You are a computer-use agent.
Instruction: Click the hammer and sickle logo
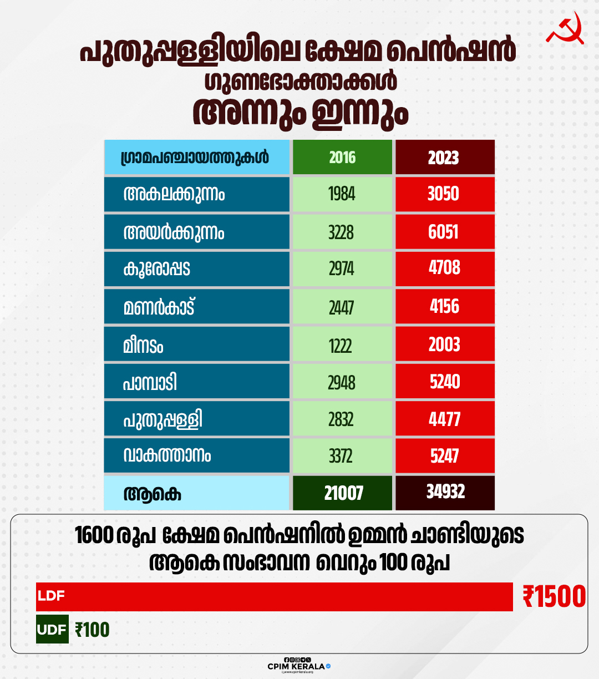(565, 28)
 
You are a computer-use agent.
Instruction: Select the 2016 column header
(342, 158)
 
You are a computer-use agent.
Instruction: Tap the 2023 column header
(444, 158)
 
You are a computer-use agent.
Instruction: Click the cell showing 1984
(342, 194)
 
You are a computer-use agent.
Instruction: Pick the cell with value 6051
(444, 232)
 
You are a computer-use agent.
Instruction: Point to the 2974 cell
(342, 269)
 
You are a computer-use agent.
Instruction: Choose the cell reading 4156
(444, 306)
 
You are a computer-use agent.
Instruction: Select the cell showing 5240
(444, 382)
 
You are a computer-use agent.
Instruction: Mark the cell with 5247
(444, 456)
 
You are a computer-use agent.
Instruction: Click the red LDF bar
(274, 597)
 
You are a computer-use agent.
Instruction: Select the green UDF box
(52, 630)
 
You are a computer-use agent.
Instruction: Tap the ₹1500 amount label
(554, 597)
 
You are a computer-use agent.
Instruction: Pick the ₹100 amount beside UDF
(93, 630)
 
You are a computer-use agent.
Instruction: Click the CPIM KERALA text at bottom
(296, 666)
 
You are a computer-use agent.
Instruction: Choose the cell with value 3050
(444, 194)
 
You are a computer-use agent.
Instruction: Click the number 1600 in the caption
(94, 536)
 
